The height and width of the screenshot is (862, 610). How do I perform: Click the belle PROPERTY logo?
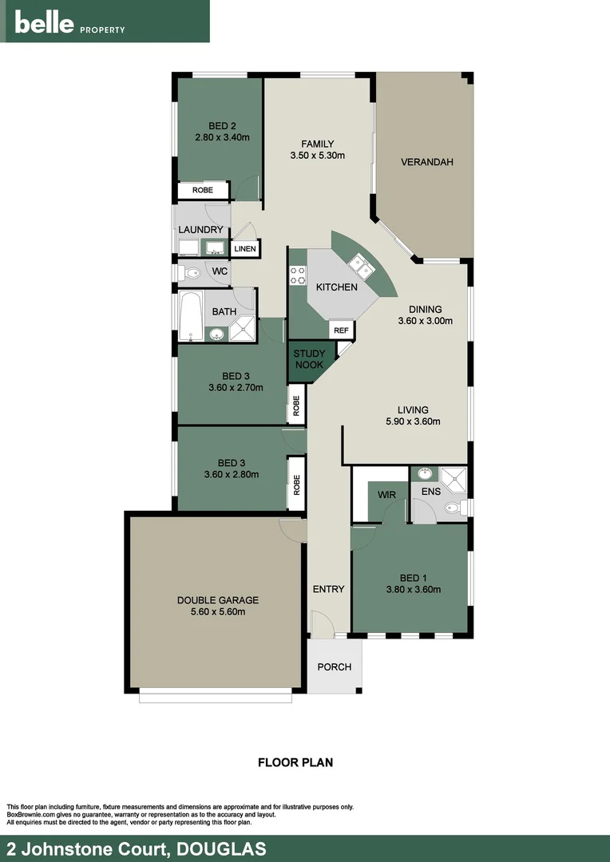[69, 24]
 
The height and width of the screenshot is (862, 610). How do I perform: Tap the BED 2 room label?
[222, 125]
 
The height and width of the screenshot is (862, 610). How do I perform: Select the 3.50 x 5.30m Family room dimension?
[317, 156]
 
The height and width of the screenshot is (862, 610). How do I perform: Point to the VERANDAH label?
[426, 162]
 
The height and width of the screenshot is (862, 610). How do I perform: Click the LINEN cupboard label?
[245, 249]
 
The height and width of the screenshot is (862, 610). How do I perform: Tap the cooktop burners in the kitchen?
[298, 275]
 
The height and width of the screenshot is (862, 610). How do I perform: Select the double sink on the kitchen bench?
[362, 265]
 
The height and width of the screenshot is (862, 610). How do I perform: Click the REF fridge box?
[341, 330]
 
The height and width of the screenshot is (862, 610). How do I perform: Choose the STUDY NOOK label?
[308, 359]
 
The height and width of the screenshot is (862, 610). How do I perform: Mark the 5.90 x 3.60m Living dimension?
[409, 422]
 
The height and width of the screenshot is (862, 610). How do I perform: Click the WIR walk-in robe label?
[386, 495]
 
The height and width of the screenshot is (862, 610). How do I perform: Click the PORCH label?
[334, 666]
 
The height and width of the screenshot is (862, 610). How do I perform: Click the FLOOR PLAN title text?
[295, 762]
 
